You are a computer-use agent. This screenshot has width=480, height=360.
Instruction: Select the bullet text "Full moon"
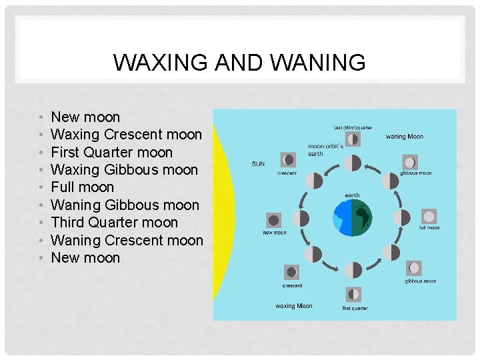coord(83,187)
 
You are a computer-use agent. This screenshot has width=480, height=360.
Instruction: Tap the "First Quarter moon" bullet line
coord(111,152)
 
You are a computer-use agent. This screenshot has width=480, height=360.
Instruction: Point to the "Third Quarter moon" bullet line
coord(114,223)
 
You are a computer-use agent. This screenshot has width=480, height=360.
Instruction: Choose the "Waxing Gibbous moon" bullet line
coord(124,170)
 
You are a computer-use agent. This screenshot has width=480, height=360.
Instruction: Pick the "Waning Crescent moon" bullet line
coord(127,240)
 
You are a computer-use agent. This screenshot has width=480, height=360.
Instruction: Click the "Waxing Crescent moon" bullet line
coord(126,135)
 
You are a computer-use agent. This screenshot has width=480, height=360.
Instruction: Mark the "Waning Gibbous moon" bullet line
coord(125,205)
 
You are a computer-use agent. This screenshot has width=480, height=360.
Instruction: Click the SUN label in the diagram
coord(257,163)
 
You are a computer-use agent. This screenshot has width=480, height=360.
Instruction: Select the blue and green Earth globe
coord(352,217)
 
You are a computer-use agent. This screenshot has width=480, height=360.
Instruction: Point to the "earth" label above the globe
coord(352,195)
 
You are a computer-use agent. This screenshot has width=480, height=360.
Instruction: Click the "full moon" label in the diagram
coord(429,228)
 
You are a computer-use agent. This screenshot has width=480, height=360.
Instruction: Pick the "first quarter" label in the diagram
coord(354,308)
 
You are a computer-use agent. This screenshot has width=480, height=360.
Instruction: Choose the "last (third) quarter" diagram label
coord(353,127)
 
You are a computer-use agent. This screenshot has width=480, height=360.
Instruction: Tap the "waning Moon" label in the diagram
coord(404,137)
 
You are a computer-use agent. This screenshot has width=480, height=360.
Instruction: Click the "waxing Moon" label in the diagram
coord(293,306)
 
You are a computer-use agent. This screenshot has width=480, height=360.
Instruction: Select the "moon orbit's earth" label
coord(325,150)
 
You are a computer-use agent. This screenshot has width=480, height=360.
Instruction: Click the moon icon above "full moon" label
coord(429,217)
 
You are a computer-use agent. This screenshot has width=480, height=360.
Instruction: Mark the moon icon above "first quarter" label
coord(353,294)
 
